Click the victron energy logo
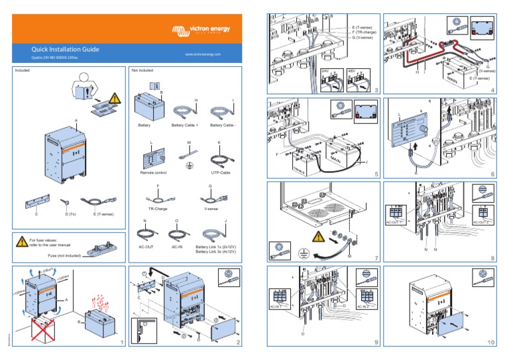point(205,31)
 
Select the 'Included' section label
point(23,70)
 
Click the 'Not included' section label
point(142,70)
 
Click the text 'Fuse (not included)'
point(64,255)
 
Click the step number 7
point(375,257)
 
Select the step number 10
point(490,343)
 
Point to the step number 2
point(239,343)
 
